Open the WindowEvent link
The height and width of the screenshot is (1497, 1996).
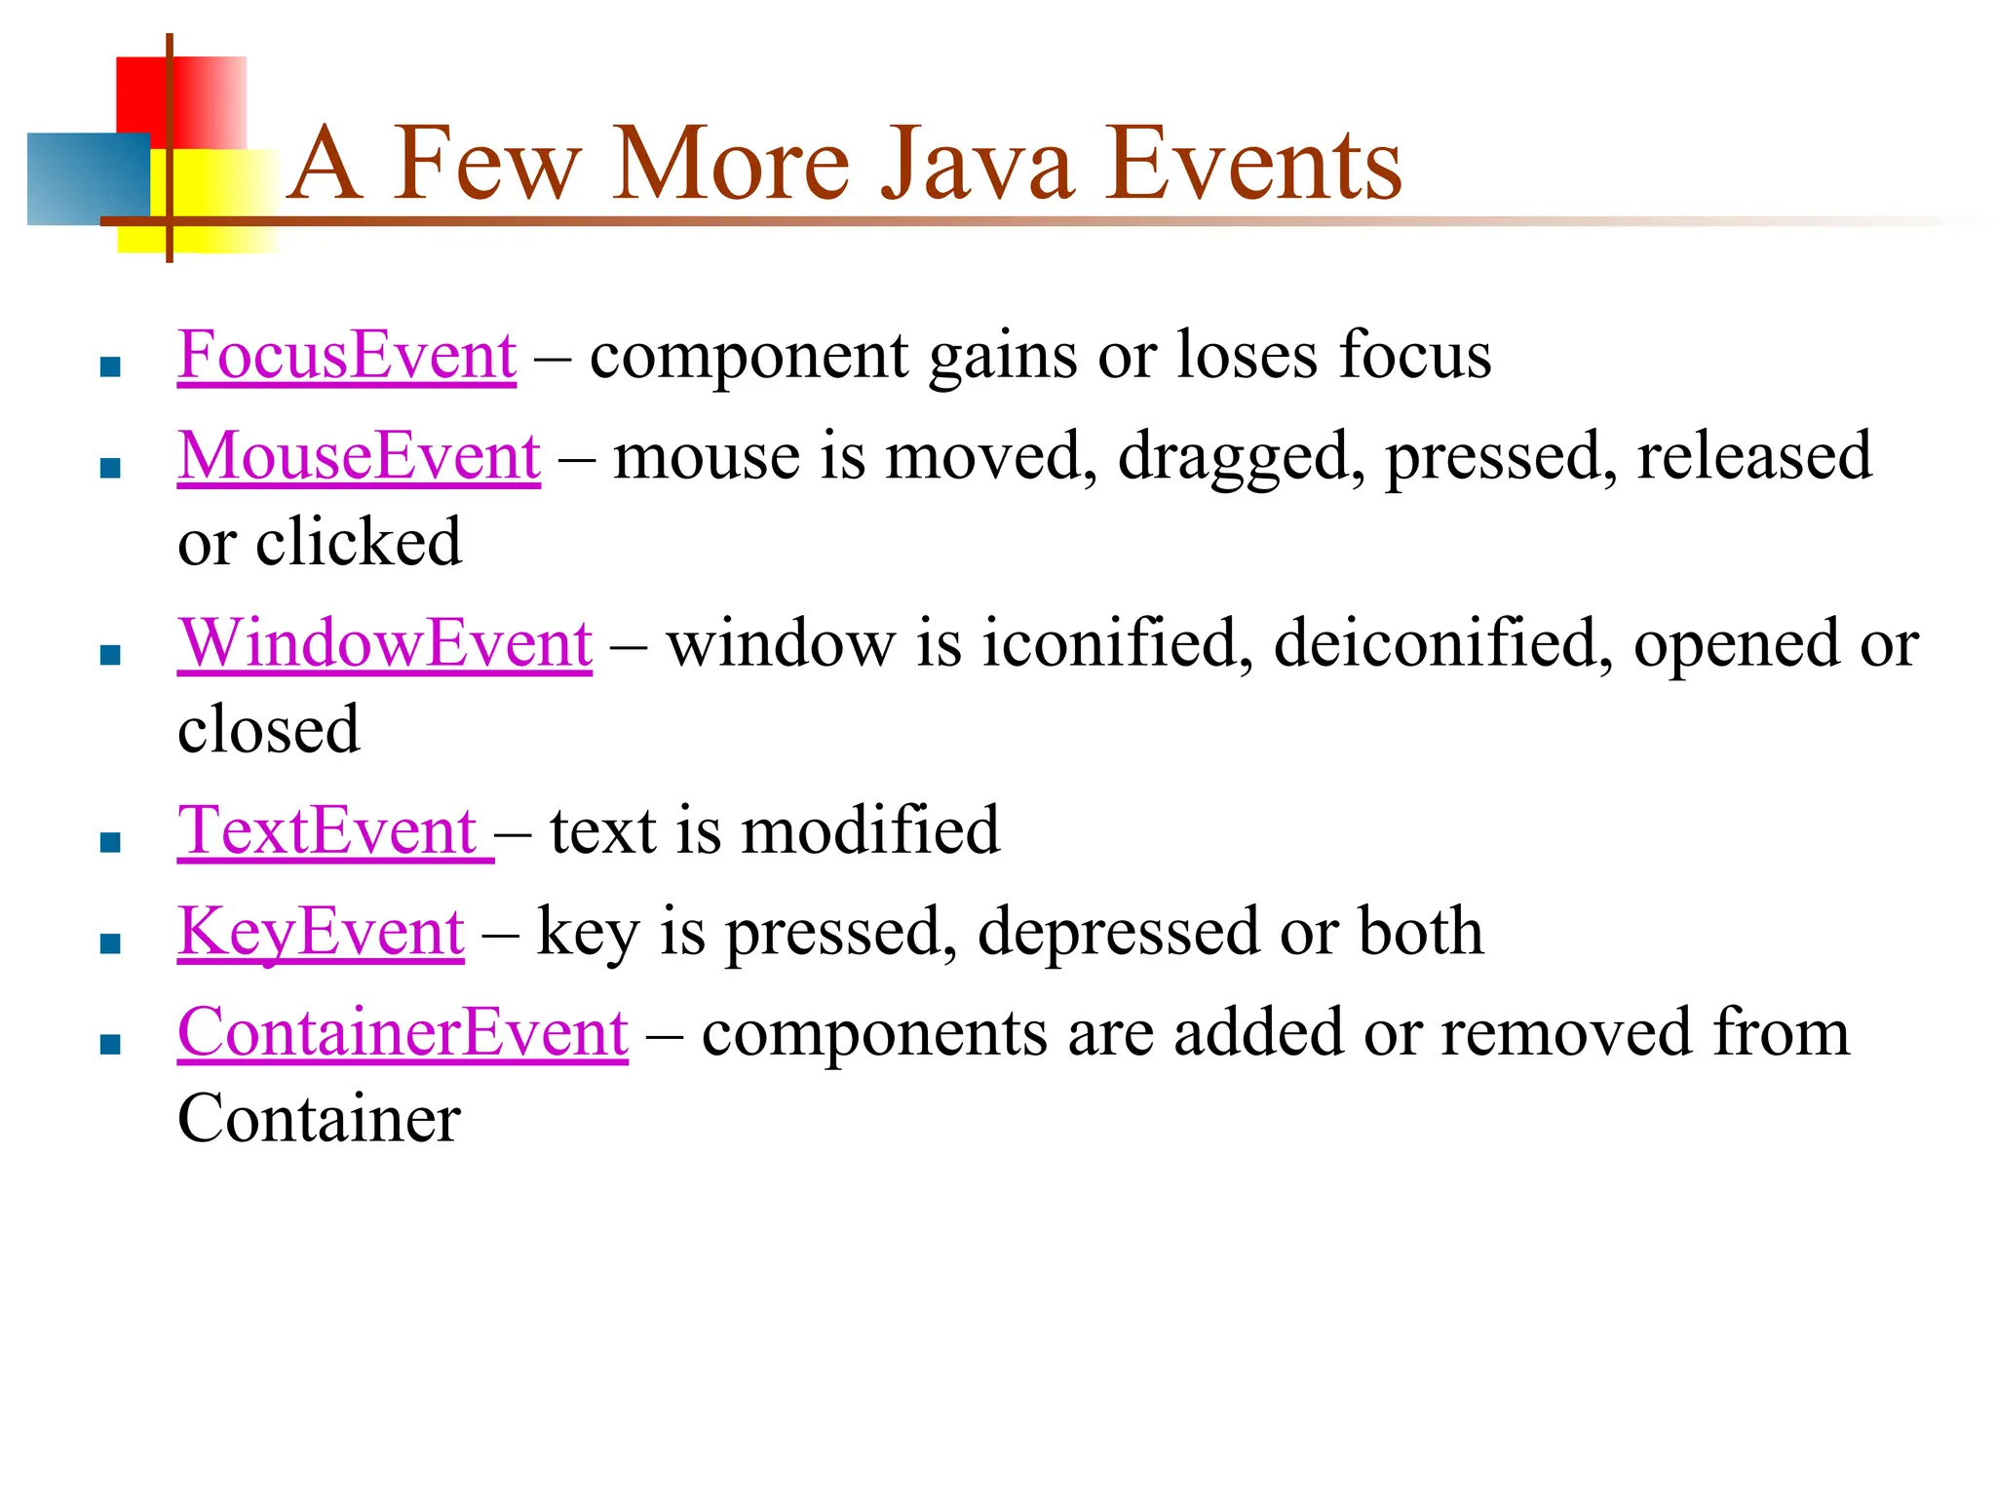click(x=384, y=644)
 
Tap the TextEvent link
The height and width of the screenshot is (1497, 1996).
click(x=327, y=831)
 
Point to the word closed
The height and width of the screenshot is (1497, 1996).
click(x=268, y=730)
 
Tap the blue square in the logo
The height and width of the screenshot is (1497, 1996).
click(x=88, y=178)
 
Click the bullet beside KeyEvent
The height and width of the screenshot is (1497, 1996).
click(x=110, y=943)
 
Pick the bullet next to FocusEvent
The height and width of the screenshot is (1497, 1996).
click(x=110, y=367)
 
